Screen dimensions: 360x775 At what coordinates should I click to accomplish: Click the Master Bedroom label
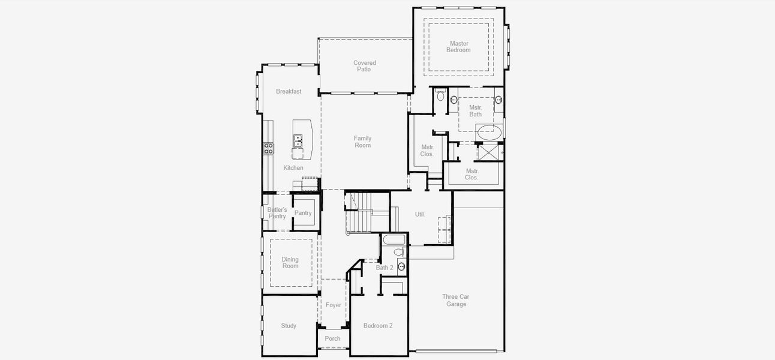[459, 47]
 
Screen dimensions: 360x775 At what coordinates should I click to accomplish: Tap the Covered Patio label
[365, 66]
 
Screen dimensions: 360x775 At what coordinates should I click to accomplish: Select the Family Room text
[362, 142]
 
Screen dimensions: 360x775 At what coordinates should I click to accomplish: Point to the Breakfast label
[289, 92]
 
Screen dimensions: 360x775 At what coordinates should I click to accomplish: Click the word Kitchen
[293, 168]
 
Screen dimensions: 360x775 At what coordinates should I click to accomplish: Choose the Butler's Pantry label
[277, 213]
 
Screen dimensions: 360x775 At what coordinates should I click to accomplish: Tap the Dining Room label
[290, 263]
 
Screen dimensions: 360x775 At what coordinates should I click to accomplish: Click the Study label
[289, 326]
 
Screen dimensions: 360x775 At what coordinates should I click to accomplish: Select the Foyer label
[334, 305]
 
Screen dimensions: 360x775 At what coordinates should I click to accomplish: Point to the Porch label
[332, 339]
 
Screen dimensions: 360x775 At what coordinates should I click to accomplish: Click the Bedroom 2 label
[378, 326]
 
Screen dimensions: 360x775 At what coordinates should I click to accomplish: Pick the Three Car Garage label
[456, 301]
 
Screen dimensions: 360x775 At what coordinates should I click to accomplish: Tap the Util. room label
[420, 214]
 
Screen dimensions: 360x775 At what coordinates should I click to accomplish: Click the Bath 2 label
[385, 268]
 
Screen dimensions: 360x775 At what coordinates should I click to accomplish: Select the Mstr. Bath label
[475, 111]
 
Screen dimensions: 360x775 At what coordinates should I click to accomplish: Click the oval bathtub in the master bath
[489, 132]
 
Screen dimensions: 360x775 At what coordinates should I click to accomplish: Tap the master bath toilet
[440, 96]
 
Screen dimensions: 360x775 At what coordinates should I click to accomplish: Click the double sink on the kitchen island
[298, 141]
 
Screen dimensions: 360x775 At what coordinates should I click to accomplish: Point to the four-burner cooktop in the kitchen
[268, 148]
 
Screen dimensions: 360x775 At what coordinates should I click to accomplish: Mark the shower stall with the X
[488, 152]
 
